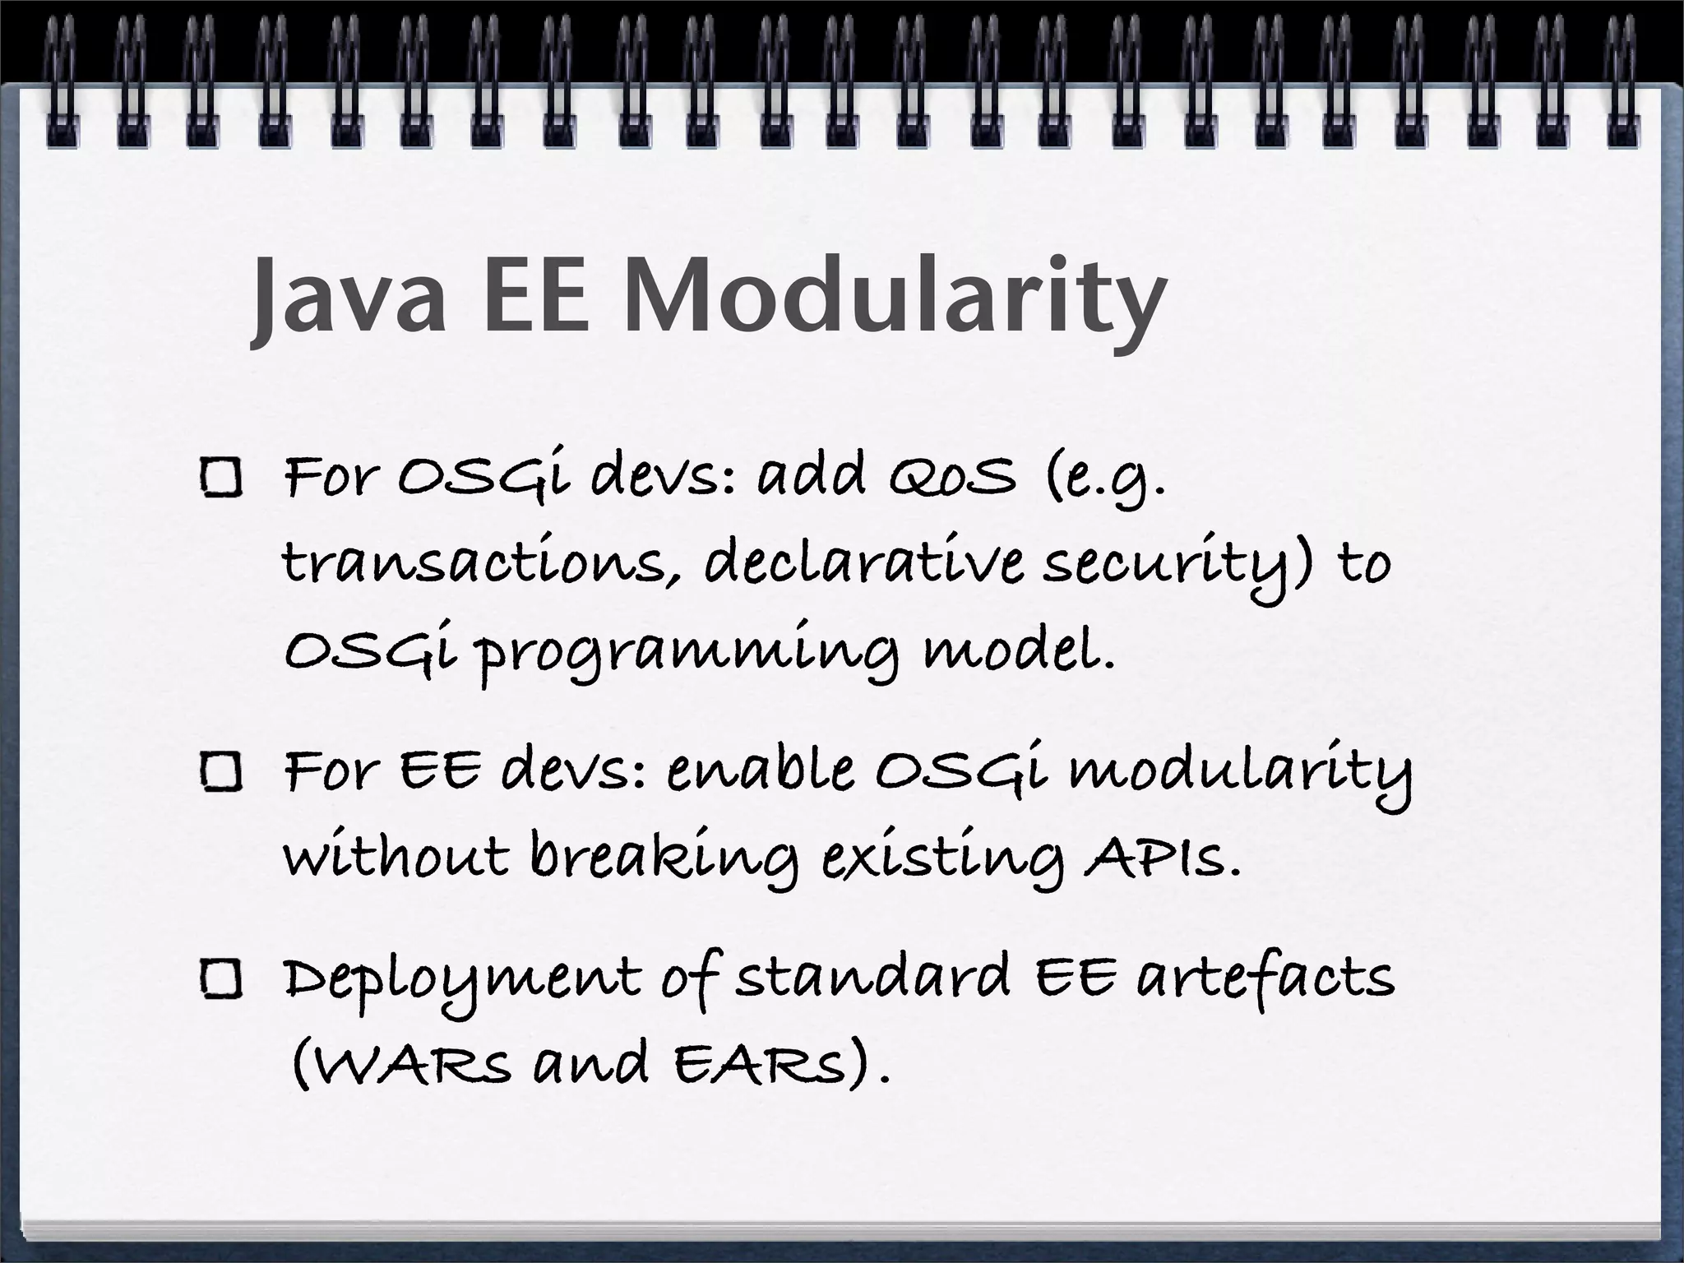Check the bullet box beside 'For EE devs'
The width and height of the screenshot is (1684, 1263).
click(x=220, y=775)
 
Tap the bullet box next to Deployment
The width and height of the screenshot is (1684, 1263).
click(x=220, y=981)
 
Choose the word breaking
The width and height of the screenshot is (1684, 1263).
click(x=663, y=859)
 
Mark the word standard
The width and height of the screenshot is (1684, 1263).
click(x=872, y=978)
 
